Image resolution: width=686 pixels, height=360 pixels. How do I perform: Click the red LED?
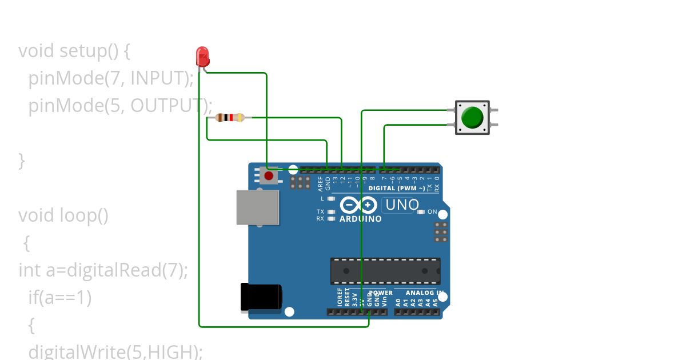click(x=203, y=56)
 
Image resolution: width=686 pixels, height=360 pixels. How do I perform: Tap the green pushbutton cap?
click(x=472, y=117)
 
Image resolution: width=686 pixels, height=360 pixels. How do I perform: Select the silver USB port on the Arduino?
click(x=258, y=207)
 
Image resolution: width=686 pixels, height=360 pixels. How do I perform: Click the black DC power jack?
click(x=261, y=298)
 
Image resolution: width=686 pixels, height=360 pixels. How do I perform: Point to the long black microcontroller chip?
click(x=385, y=271)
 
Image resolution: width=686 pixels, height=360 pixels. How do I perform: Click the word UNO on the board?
click(x=402, y=205)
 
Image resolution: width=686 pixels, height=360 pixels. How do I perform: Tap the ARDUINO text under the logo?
click(x=361, y=219)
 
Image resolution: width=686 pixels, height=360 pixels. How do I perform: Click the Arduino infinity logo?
click(x=358, y=205)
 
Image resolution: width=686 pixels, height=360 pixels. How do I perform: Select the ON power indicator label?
click(x=432, y=212)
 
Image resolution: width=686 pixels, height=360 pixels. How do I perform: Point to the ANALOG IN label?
click(x=424, y=293)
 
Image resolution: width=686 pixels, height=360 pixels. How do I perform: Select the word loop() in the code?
click(x=84, y=215)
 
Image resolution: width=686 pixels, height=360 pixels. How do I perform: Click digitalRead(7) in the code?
click(x=127, y=270)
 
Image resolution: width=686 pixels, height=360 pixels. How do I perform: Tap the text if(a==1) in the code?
click(x=60, y=297)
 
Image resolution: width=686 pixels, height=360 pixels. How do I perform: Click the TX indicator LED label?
click(x=320, y=212)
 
